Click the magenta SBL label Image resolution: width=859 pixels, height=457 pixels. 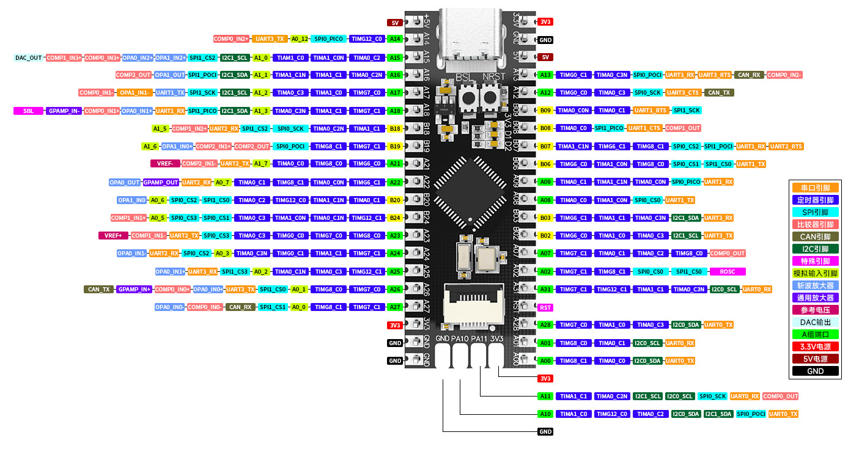click(x=29, y=111)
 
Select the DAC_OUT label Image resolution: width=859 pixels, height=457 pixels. click(x=29, y=57)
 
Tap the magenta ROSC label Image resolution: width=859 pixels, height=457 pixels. click(x=727, y=271)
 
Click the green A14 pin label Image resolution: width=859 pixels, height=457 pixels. click(x=395, y=39)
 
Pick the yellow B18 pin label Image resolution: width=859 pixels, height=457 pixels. click(x=395, y=129)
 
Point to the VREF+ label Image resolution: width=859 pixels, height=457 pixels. click(x=113, y=236)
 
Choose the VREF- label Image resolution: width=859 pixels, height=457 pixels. click(x=165, y=164)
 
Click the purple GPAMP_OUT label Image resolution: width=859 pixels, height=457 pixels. click(x=161, y=182)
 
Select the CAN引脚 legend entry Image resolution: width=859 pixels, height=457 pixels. click(x=815, y=236)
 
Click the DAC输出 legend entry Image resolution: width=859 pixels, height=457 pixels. click(x=815, y=322)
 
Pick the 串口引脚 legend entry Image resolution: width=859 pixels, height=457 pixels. click(x=815, y=188)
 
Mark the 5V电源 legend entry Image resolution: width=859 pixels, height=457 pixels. click(x=815, y=359)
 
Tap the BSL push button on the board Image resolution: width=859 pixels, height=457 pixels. click(x=469, y=97)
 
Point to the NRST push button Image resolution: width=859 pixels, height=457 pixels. click(x=490, y=97)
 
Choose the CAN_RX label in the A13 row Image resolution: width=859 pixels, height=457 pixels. click(x=749, y=75)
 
